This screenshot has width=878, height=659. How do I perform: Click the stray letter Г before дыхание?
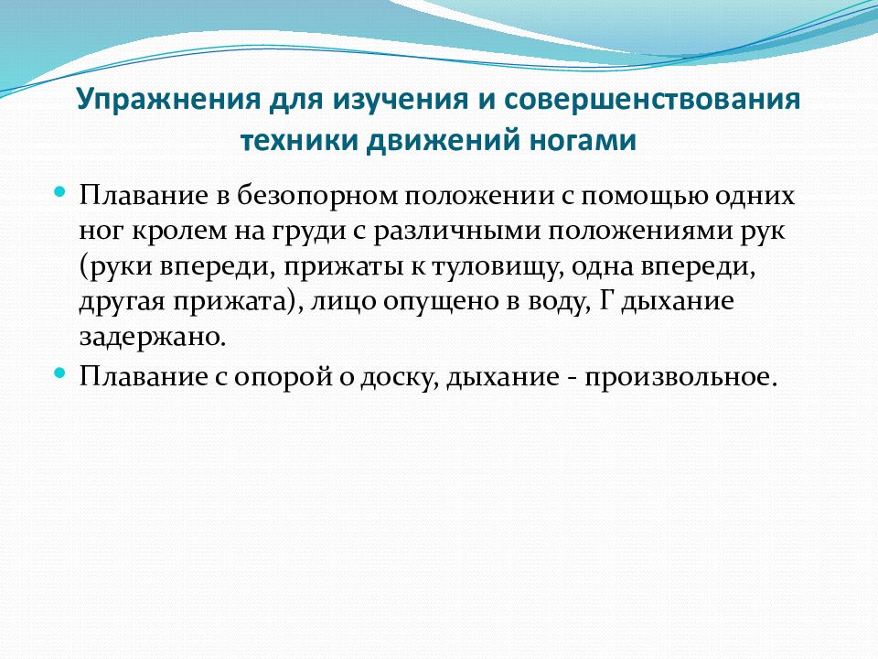(x=607, y=303)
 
